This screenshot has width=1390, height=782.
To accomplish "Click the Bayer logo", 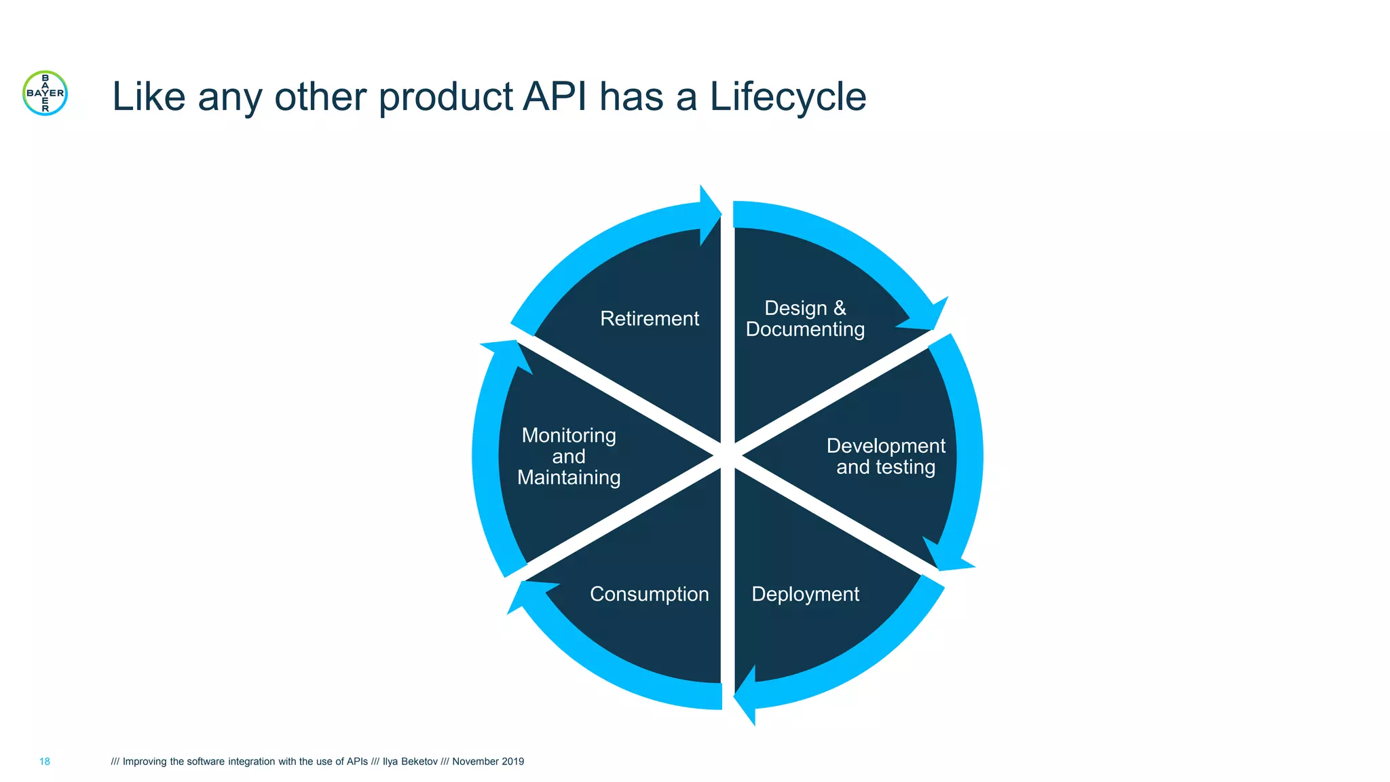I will (x=45, y=93).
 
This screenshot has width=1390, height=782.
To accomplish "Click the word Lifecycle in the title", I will (x=787, y=96).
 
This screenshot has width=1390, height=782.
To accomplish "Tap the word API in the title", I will (x=555, y=96).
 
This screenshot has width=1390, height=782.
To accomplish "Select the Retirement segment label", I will (x=650, y=318).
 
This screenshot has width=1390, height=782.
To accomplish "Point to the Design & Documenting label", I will (x=805, y=318).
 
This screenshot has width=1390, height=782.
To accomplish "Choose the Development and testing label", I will (x=886, y=456).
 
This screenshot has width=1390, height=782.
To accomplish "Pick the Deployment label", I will (x=805, y=594).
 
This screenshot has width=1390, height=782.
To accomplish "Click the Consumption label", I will (x=650, y=594).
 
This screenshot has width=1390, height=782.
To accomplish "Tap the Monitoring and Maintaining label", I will (x=569, y=456).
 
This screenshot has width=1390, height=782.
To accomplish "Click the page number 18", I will (x=45, y=762).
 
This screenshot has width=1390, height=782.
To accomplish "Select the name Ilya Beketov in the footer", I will (x=410, y=762).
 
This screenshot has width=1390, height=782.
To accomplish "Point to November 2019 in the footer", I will (x=488, y=762).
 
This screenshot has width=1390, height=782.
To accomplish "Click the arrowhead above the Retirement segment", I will (x=709, y=215).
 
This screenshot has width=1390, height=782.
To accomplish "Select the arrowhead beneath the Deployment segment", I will (x=747, y=695).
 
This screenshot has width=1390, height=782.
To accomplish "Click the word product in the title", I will (x=445, y=96).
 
